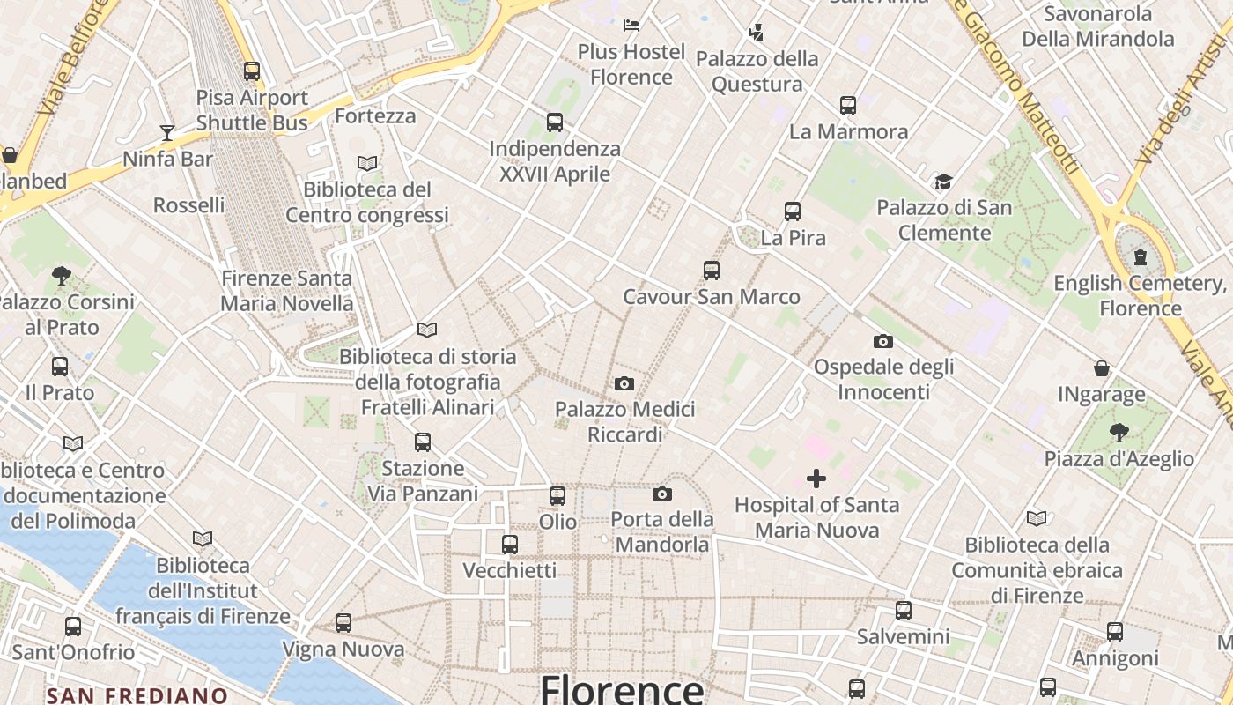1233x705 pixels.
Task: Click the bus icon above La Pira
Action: pyautogui.click(x=792, y=211)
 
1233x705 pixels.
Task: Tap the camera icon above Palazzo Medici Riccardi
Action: pyautogui.click(x=624, y=383)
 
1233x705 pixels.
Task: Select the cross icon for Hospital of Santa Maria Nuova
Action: pyautogui.click(x=816, y=479)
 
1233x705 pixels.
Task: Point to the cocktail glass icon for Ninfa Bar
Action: pyautogui.click(x=167, y=133)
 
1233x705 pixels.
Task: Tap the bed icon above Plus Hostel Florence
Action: pyautogui.click(x=631, y=24)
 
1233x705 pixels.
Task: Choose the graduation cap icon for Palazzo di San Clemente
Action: pyautogui.click(x=943, y=182)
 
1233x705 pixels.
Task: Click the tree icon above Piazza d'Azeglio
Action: pyautogui.click(x=1119, y=433)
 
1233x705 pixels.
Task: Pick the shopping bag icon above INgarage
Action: pyautogui.click(x=1101, y=368)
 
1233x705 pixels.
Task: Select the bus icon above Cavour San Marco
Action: pyautogui.click(x=711, y=271)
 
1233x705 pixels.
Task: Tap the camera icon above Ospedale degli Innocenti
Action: pyautogui.click(x=882, y=341)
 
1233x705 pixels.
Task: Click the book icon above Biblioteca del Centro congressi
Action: pyautogui.click(x=367, y=163)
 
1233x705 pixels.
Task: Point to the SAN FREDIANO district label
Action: pyautogui.click(x=137, y=695)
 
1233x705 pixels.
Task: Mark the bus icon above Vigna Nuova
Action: pyautogui.click(x=343, y=623)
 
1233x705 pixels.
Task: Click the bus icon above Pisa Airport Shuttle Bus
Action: pyautogui.click(x=252, y=71)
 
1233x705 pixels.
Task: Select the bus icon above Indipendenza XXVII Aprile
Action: pyautogui.click(x=554, y=122)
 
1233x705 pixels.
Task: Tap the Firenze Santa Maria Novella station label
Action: pyautogui.click(x=286, y=291)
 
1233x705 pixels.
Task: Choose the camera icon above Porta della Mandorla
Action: pyautogui.click(x=662, y=493)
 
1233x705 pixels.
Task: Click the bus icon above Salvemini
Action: pyautogui.click(x=903, y=610)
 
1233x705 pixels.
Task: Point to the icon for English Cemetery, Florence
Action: pyautogui.click(x=1141, y=257)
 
